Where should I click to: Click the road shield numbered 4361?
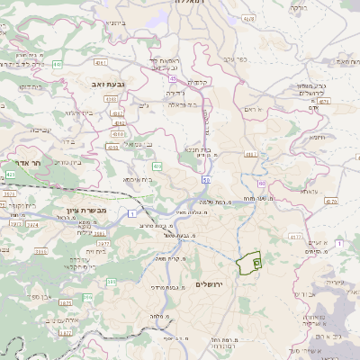[100, 63]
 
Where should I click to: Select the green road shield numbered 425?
[11, 173]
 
